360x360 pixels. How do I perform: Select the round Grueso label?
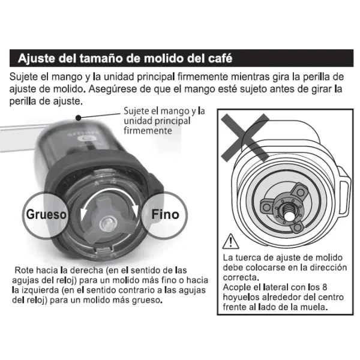(x=46, y=214)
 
